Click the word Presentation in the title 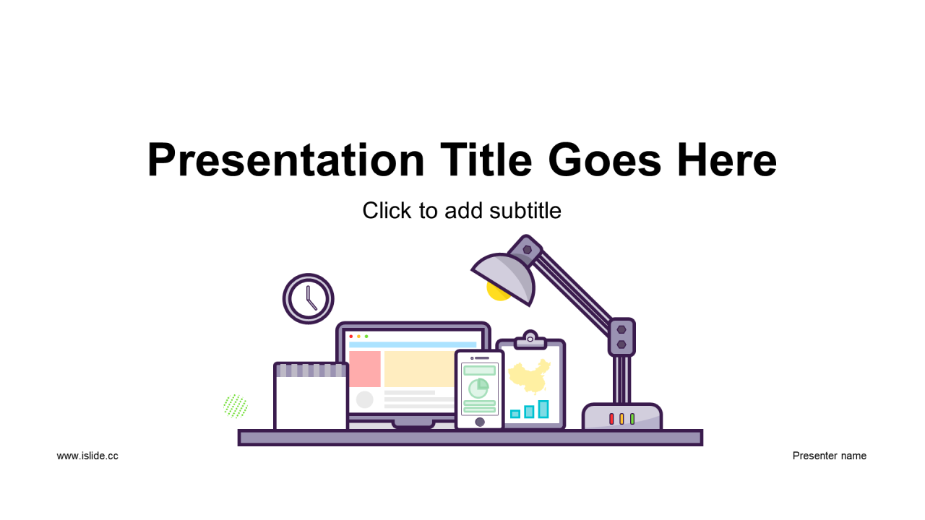(x=285, y=160)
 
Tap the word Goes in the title (x=605, y=160)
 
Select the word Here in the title (x=727, y=160)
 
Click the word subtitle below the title (x=525, y=210)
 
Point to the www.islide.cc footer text (x=87, y=456)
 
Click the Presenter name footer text (x=829, y=456)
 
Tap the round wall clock (x=308, y=298)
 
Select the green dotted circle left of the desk (x=236, y=406)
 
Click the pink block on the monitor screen (x=365, y=369)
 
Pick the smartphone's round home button (x=479, y=422)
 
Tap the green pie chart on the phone (x=478, y=388)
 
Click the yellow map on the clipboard (x=530, y=376)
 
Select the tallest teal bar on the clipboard (x=543, y=409)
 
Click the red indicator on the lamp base (x=611, y=419)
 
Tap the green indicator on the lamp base (x=632, y=419)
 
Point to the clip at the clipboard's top (x=530, y=340)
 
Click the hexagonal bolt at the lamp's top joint (x=527, y=250)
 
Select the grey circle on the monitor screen (x=365, y=399)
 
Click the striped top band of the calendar (x=311, y=370)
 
